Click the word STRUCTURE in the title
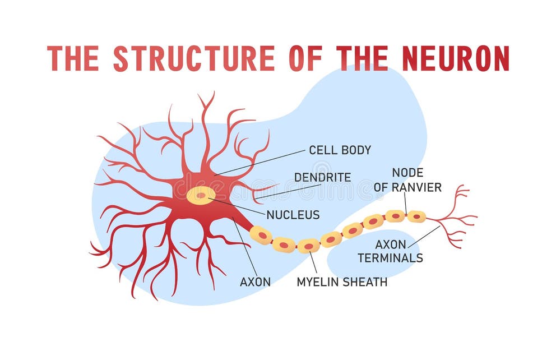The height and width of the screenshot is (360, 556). coord(193,58)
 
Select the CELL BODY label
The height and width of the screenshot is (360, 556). coord(340,150)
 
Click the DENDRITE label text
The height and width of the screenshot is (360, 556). coord(322,177)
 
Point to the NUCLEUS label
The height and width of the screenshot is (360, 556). coord(293,215)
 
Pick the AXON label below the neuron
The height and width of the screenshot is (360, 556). coord(255,282)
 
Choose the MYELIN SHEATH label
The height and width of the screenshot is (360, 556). coord(342,282)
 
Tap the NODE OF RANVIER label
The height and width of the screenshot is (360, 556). coord(407,180)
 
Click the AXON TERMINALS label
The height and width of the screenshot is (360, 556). coord(399,252)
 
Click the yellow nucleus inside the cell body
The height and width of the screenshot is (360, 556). coord(201,195)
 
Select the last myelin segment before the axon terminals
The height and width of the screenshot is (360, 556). coord(416,216)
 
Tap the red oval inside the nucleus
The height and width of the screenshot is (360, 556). coord(201,196)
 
